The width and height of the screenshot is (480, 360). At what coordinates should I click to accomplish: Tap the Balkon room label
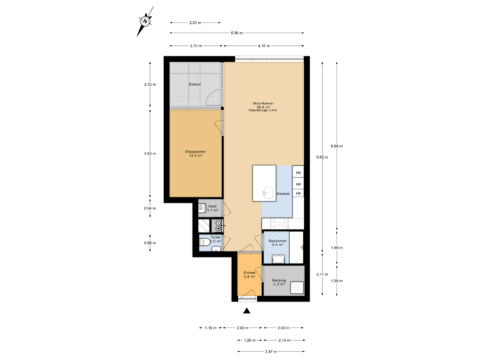195,85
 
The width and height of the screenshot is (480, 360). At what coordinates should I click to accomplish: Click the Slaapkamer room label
195,153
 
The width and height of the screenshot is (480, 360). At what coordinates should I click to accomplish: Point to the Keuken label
283,193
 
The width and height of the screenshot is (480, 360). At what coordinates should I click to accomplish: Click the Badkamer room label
277,242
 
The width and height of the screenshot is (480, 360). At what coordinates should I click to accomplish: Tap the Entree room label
249,274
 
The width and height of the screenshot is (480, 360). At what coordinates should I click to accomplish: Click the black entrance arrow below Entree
247,309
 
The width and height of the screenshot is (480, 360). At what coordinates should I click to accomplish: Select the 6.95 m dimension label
236,33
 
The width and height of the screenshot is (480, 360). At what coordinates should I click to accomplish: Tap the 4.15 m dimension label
265,45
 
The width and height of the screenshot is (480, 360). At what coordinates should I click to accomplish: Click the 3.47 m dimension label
270,351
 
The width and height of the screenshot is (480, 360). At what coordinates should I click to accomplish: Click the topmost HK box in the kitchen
299,173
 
